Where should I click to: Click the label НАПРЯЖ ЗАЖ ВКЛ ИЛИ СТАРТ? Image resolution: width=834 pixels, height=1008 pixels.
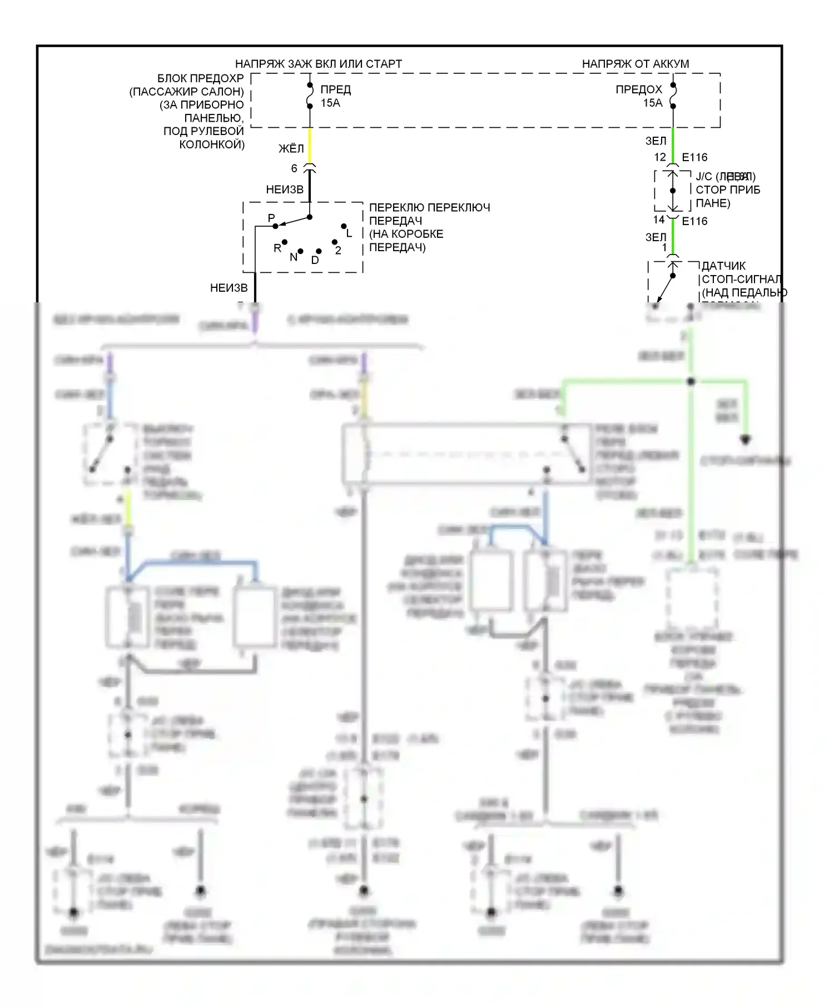pos(318,64)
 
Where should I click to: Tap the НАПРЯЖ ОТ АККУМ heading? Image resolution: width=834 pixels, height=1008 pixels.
pos(635,64)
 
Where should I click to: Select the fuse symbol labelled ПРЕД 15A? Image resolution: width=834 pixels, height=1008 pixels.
pos(310,96)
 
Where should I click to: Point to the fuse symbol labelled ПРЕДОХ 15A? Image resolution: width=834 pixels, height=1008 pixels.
pos(673,96)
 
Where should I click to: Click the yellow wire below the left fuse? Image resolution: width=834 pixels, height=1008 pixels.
pos(310,145)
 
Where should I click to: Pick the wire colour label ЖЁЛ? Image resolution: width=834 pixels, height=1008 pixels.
pos(291,148)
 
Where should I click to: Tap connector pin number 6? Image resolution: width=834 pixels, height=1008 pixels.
pos(294,168)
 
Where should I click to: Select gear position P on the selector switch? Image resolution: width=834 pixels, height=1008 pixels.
pos(271,218)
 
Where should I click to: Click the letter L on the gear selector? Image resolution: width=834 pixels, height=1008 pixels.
pos(349,233)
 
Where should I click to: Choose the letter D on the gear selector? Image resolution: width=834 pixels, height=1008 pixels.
pos(315,260)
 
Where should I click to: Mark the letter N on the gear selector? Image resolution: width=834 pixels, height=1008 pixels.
pos(293,257)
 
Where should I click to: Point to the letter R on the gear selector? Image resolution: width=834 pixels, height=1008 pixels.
pos(277,248)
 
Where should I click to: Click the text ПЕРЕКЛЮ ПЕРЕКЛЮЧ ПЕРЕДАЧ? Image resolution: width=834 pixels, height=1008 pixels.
pos(429,214)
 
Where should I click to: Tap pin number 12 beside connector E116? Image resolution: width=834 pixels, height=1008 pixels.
pos(660,157)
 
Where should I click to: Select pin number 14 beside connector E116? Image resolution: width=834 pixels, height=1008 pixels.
pos(659,219)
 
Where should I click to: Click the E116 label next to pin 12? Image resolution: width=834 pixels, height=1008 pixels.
pos(694,158)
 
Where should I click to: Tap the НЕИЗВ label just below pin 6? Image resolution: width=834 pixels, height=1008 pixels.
pos(285,189)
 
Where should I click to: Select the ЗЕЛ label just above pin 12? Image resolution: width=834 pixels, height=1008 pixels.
pos(656,142)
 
